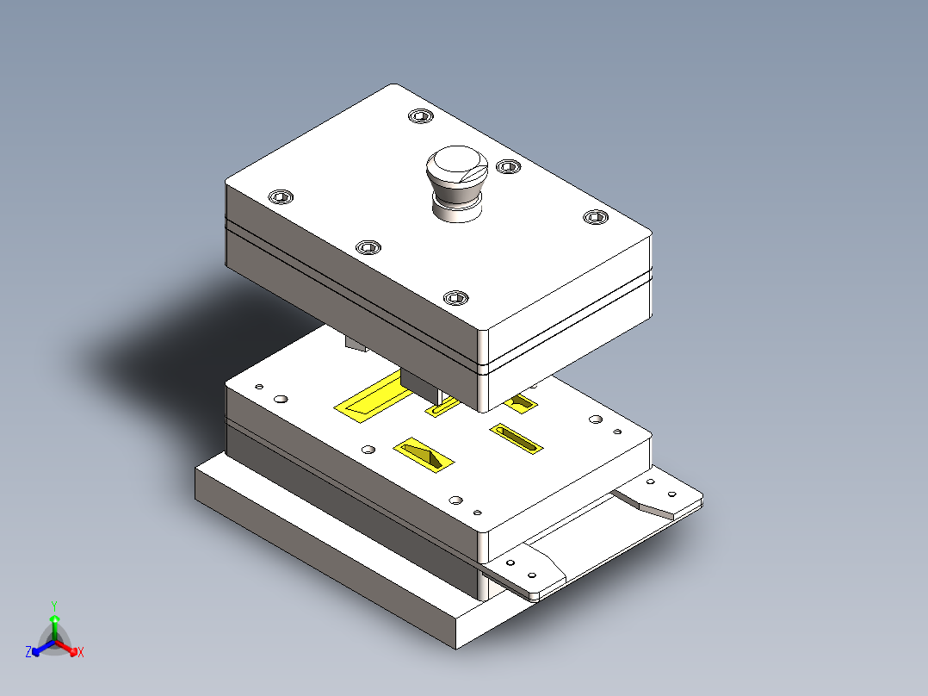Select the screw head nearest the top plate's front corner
pos(455,298)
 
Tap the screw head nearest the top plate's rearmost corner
pos(420,116)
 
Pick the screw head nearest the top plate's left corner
pos(281,197)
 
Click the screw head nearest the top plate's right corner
pos(594,217)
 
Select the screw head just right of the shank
pos(509,167)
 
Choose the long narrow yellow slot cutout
pos(517,438)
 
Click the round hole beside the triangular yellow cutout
pos(368,449)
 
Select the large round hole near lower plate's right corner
pos(595,419)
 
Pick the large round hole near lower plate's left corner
pos(281,400)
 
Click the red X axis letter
pos(81,653)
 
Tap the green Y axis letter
pos(53,605)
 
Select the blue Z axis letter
pos(28,653)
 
